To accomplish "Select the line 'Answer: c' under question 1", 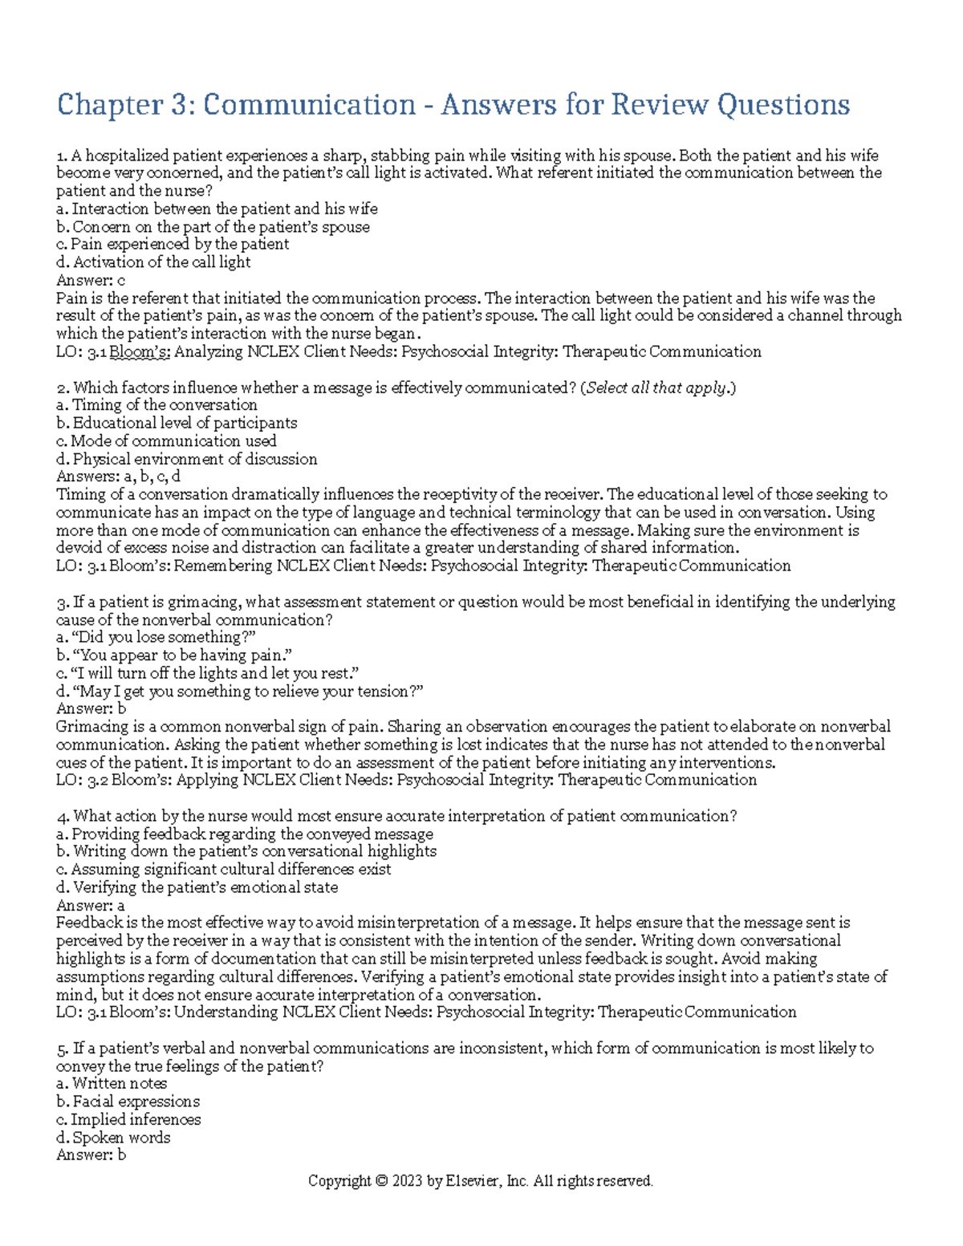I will [91, 280].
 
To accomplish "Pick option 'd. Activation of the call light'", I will [153, 262].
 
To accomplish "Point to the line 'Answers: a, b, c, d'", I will [118, 477].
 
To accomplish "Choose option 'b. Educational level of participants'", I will [177, 423].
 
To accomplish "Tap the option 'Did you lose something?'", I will [156, 637].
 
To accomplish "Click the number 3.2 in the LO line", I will [97, 780].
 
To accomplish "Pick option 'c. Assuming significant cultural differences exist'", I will [223, 869].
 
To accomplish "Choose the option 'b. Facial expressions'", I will [128, 1102].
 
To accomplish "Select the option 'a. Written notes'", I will [112, 1084].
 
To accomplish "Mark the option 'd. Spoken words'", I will [113, 1138].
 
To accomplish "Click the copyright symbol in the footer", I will [380, 1181].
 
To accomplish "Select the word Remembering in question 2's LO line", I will [223, 566].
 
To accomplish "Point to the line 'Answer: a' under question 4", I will [91, 905].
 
